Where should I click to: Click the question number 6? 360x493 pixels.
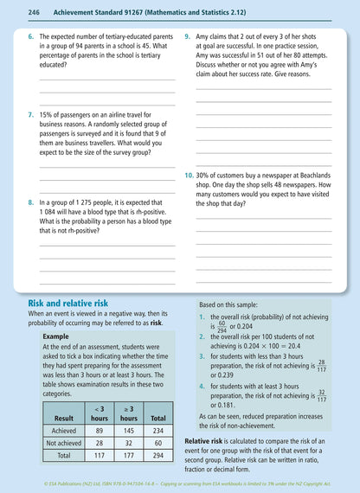[x=31, y=38]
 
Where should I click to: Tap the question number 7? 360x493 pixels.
[x=31, y=113]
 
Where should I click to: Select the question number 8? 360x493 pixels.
[x=31, y=202]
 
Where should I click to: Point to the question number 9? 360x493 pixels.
[x=188, y=38]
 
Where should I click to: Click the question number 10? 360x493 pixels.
[x=190, y=175]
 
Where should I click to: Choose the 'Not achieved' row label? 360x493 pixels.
[x=57, y=441]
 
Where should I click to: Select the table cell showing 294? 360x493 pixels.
[x=158, y=454]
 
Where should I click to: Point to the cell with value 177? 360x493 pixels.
[x=128, y=454]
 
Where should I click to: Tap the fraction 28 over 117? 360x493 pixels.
[x=321, y=365]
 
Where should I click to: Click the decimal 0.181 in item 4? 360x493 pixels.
[x=224, y=405]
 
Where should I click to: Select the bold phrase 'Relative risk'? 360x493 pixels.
[x=206, y=440]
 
